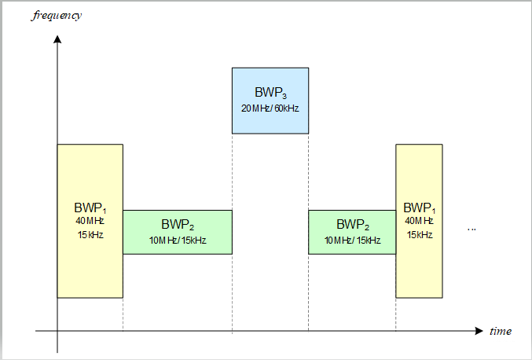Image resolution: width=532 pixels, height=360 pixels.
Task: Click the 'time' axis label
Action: pos(501,331)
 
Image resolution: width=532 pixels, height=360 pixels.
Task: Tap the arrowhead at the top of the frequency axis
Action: pos(57,39)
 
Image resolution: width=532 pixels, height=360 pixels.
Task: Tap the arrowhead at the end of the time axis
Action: pos(479,332)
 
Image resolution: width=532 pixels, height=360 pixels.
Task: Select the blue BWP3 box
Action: pos(270,100)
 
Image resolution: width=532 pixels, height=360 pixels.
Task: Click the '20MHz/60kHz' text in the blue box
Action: pos(270,108)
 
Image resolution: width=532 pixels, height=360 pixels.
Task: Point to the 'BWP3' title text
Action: pos(270,93)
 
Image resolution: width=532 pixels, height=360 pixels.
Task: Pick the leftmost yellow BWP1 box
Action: pos(90,221)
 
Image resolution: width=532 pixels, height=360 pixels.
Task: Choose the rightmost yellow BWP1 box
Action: pos(419,221)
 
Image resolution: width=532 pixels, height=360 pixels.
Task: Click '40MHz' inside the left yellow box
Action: pos(90,221)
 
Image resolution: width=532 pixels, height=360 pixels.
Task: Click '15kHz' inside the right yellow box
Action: pos(419,234)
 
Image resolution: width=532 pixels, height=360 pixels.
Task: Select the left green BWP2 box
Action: pos(178,232)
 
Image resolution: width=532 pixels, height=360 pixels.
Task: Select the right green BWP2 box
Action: pos(352,232)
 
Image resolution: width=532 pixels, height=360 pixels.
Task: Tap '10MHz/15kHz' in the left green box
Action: pos(178,240)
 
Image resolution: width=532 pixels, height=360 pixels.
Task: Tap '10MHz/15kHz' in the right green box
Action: pos(352,240)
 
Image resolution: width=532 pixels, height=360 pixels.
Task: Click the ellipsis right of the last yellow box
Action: pos(471,229)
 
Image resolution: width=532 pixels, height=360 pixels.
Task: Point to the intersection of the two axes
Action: pos(57,332)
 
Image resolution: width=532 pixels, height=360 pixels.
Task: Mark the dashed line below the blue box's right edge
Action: pos(308,173)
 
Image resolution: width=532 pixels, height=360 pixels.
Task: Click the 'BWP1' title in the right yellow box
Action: pos(419,208)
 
